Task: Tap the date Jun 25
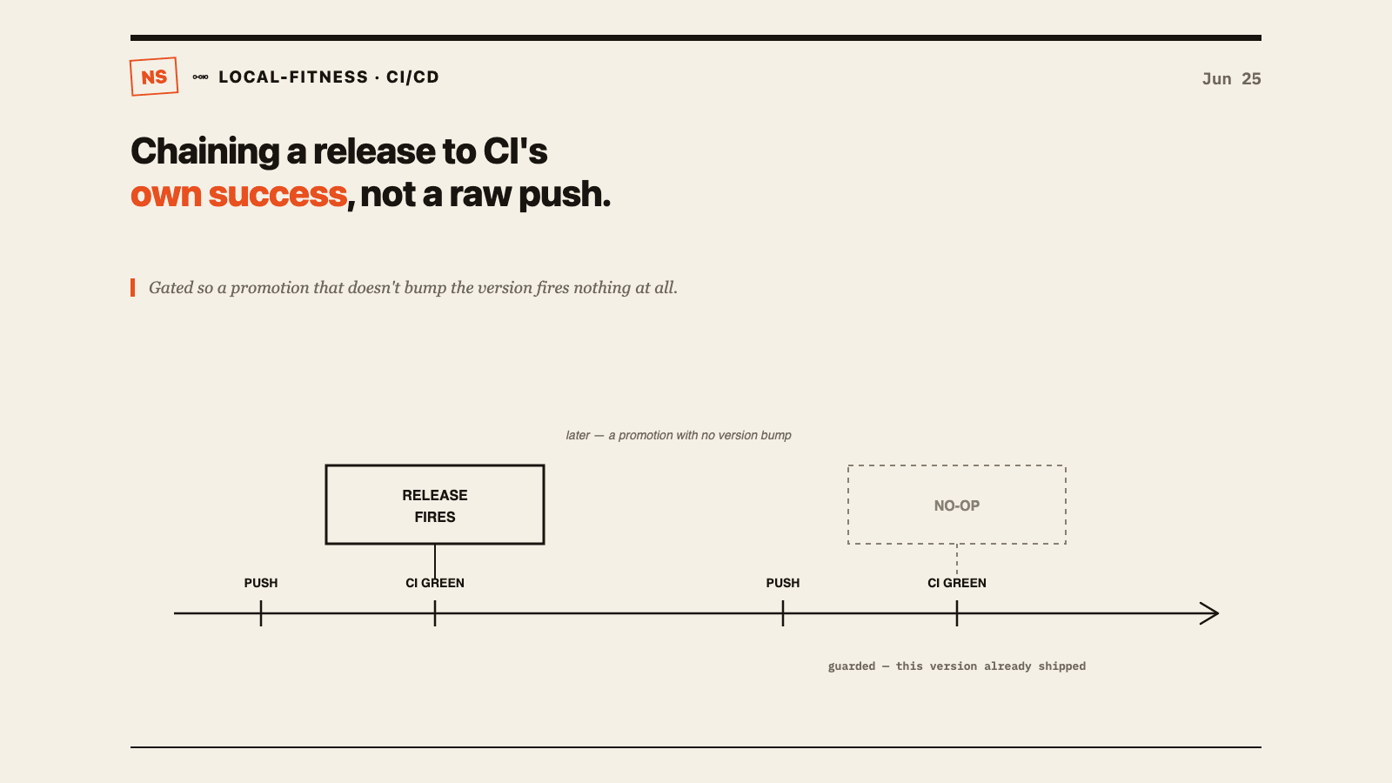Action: pyautogui.click(x=1231, y=79)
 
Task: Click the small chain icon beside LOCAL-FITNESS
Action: pyautogui.click(x=200, y=77)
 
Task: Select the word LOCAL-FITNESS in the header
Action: pyautogui.click(x=293, y=77)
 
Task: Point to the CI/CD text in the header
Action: pyautogui.click(x=412, y=77)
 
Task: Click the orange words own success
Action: pyautogui.click(x=238, y=195)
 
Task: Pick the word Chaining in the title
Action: pyautogui.click(x=205, y=151)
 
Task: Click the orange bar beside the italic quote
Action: pyautogui.click(x=132, y=288)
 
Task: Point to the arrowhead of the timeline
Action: pyautogui.click(x=1218, y=613)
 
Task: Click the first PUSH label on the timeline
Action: pyautogui.click(x=261, y=583)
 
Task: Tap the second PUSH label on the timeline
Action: pyautogui.click(x=783, y=583)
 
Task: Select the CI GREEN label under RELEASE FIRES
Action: pyautogui.click(x=435, y=583)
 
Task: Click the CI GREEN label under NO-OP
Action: pyautogui.click(x=957, y=583)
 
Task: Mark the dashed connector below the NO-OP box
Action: pyautogui.click(x=957, y=559)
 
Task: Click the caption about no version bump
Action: pyautogui.click(x=679, y=435)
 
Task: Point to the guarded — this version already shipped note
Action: pyautogui.click(x=957, y=666)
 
